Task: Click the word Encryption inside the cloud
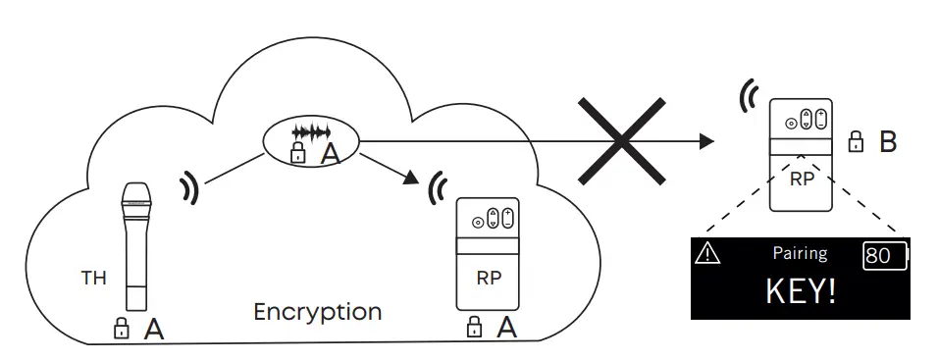317,312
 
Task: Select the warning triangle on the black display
706,253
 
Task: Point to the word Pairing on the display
800,253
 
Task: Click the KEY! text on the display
800,291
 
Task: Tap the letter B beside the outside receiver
888,142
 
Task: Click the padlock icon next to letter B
856,143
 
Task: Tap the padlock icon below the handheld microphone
122,329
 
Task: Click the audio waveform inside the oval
312,131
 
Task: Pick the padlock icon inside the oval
296,152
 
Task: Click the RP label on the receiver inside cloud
489,278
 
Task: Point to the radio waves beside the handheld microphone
189,187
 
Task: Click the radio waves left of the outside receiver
749,96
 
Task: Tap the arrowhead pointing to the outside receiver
704,143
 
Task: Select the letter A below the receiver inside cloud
506,328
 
